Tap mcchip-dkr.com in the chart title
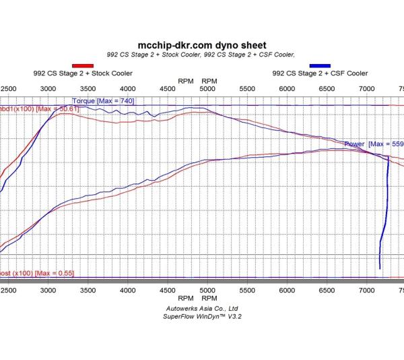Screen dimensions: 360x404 tap(174, 46)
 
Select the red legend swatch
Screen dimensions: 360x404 tap(82, 65)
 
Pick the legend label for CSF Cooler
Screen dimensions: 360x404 tap(320, 73)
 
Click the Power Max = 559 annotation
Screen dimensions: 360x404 tap(374, 144)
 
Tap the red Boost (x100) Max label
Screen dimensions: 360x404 tap(36, 273)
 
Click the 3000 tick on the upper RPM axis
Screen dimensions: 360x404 tap(48, 89)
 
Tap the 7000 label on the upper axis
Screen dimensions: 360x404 tap(368, 89)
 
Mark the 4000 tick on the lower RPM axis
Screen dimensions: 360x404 tap(128, 289)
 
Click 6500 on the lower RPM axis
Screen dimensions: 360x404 tap(327, 289)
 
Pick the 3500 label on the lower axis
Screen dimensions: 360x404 tap(88, 289)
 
